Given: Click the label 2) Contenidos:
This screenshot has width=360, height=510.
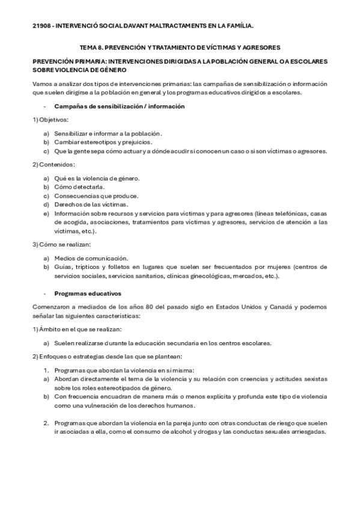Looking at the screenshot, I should point(53,164).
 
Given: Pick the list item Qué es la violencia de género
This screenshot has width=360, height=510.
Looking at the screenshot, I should point(96,178).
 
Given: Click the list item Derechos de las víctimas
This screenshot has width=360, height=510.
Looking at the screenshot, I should point(91,204).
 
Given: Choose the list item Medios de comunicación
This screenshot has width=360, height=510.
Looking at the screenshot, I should point(91,257).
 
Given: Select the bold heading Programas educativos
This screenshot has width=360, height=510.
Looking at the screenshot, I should point(88,293).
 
